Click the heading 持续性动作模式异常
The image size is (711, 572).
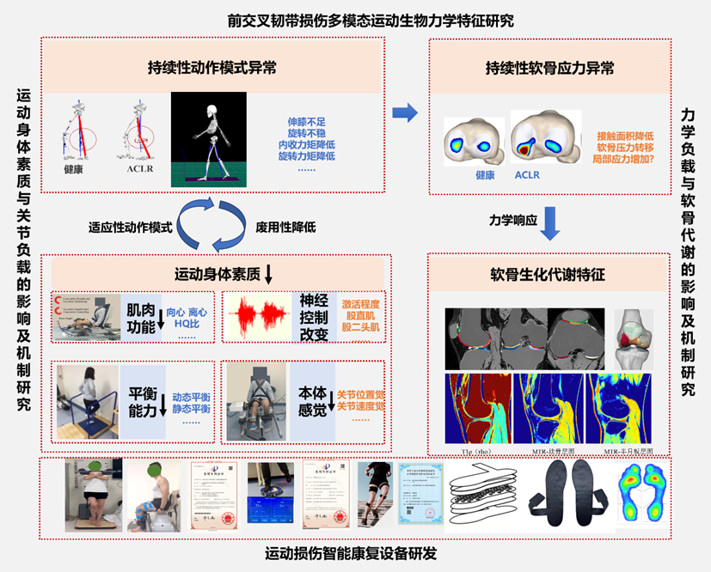point(212,69)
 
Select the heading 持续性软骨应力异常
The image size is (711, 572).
point(549,69)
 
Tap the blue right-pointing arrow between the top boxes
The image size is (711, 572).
point(404,112)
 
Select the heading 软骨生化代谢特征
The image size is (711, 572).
point(549,276)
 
